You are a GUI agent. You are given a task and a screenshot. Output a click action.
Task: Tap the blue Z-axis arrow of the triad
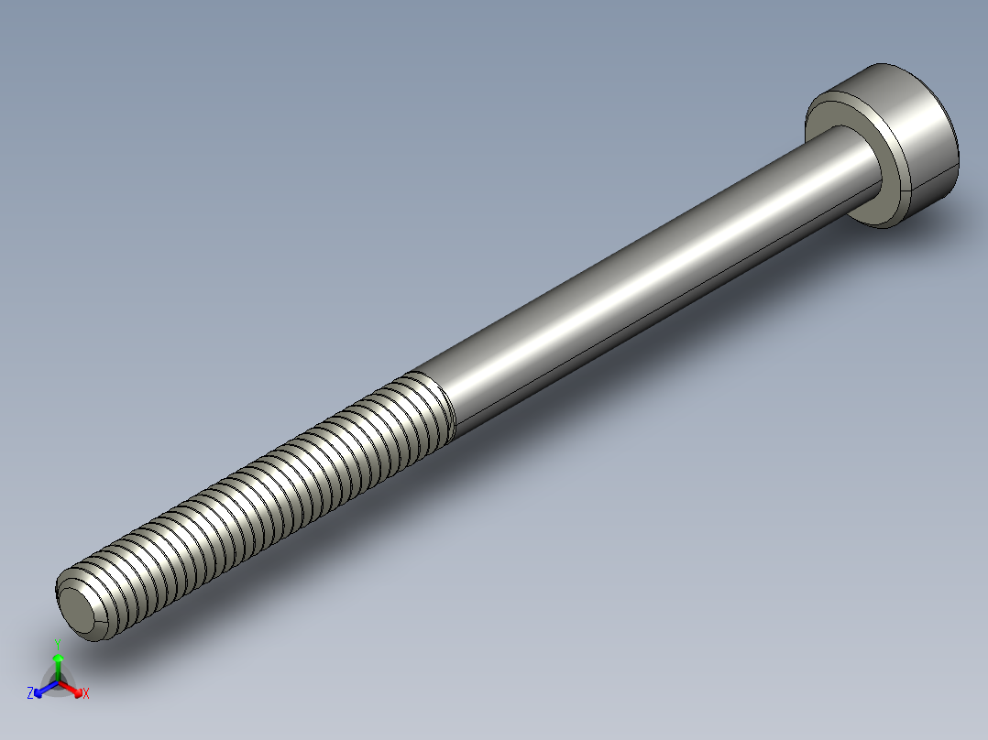point(42,690)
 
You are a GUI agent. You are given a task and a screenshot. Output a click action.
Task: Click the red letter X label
point(85,694)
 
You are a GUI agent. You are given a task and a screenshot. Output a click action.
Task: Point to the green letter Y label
point(58,643)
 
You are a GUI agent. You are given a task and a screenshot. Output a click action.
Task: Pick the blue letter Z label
point(30,694)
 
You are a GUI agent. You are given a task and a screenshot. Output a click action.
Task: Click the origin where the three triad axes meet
point(58,682)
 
